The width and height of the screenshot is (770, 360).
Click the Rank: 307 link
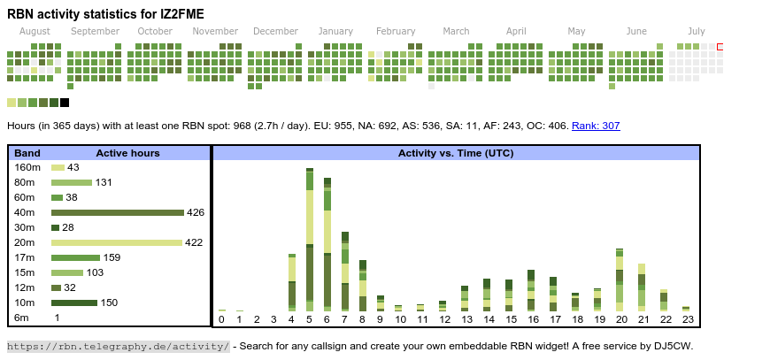(596, 126)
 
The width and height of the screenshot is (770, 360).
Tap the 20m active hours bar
(116, 242)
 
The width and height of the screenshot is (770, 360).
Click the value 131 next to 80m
(104, 182)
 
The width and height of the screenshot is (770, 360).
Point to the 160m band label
(27, 167)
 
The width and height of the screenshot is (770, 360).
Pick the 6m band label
(21, 318)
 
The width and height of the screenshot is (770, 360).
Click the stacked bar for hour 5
(310, 239)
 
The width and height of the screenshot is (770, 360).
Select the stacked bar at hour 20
(620, 280)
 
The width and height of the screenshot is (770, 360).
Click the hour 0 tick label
(221, 319)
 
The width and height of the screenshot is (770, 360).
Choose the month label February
(396, 31)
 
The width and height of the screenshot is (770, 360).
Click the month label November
(215, 31)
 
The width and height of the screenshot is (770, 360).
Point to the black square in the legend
(65, 103)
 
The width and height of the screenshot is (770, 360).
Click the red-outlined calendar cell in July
(720, 47)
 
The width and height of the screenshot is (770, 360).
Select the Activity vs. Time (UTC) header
(456, 153)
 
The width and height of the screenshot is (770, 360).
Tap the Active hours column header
(127, 153)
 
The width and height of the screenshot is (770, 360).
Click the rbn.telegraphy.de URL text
(119, 346)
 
